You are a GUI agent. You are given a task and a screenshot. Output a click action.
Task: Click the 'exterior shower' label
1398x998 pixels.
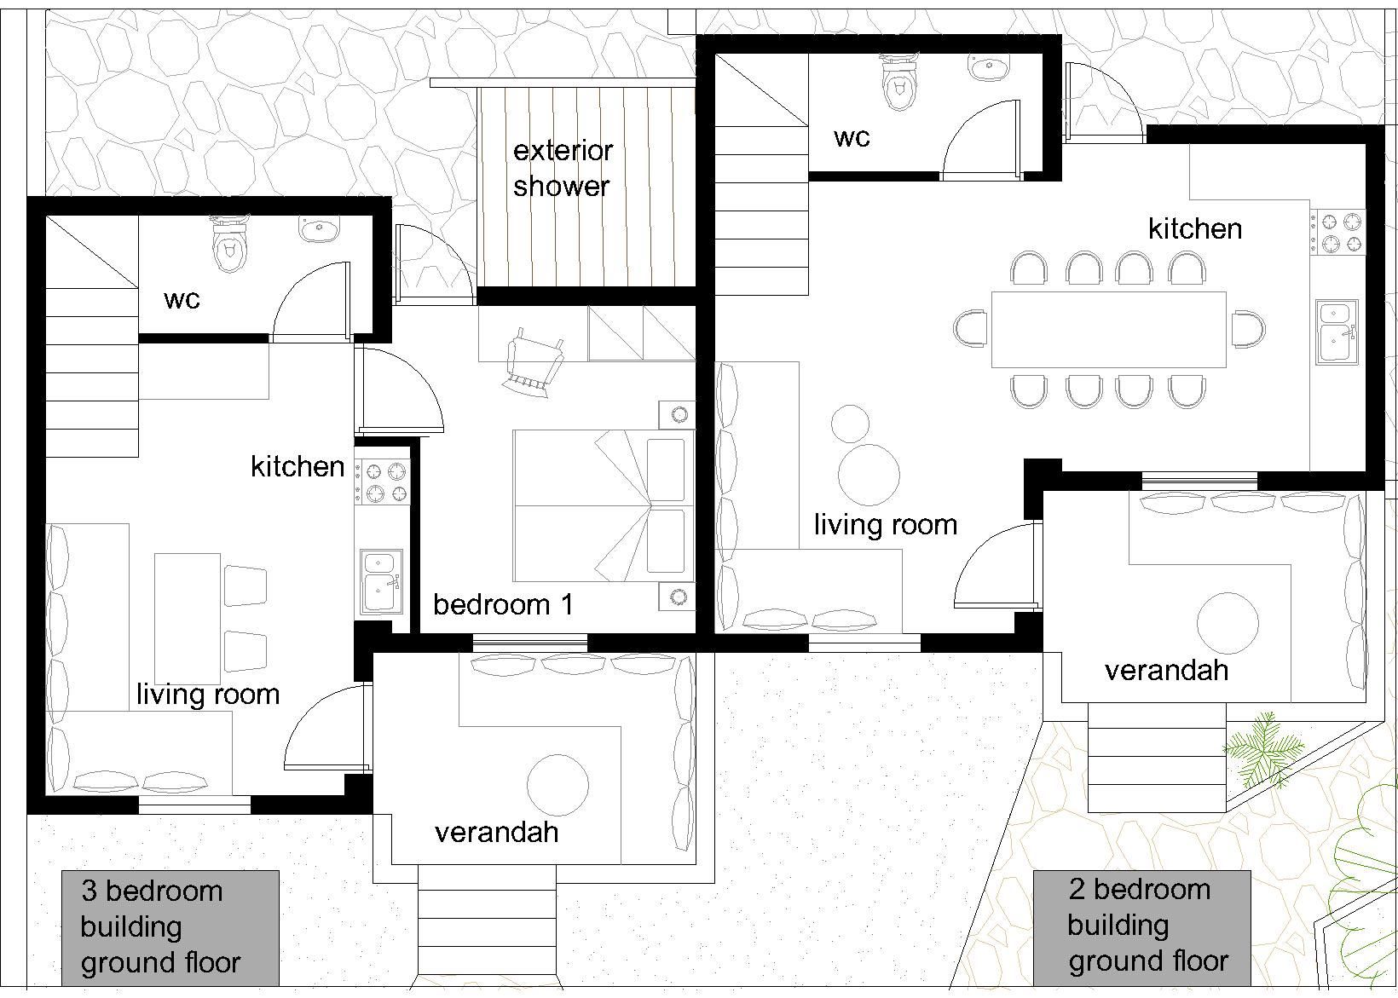(563, 169)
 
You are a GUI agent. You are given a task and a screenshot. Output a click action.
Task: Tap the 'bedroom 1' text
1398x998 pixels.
(502, 604)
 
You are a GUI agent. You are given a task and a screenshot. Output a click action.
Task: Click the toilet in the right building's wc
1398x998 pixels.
(899, 81)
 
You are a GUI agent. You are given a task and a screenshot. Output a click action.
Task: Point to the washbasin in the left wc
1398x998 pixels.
(320, 229)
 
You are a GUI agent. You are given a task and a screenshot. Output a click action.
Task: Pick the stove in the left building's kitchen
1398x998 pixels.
(383, 482)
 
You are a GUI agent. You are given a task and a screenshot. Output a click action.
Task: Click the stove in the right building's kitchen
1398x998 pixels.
(1337, 232)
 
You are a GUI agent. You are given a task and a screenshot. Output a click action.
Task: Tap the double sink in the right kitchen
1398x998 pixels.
(1337, 332)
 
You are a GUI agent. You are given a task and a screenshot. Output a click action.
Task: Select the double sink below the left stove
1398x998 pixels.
(381, 582)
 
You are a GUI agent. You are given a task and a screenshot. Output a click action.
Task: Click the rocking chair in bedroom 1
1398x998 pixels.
(534, 362)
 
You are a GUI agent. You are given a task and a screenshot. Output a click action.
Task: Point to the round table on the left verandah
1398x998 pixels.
(557, 785)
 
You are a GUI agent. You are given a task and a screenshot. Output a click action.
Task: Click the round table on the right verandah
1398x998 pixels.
(1227, 623)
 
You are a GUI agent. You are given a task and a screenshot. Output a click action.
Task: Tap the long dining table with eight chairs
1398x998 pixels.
(1108, 330)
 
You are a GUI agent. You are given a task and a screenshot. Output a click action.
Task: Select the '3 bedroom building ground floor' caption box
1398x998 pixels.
(170, 928)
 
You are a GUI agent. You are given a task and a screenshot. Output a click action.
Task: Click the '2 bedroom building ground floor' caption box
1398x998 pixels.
(1142, 928)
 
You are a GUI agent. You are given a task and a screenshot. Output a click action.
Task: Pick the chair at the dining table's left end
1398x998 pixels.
(970, 328)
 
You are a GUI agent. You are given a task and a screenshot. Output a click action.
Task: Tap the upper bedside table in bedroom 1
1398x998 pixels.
(677, 414)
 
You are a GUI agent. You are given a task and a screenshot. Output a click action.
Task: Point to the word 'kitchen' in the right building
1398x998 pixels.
(1194, 229)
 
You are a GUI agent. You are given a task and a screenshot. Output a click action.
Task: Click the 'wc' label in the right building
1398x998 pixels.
(852, 138)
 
